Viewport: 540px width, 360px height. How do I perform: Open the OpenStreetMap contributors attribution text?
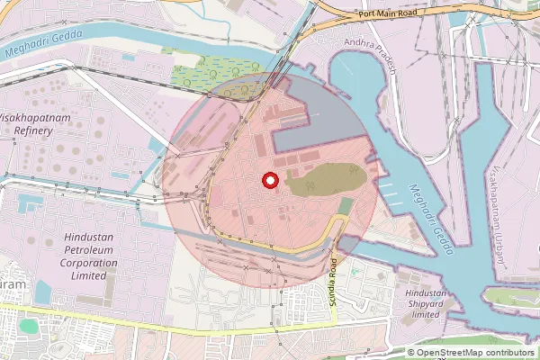coord(474,353)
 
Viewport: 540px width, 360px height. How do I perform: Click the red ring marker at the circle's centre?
coord(269,181)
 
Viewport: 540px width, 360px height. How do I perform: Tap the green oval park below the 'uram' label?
coord(29,325)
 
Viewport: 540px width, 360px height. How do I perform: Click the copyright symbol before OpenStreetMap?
coord(411,353)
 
